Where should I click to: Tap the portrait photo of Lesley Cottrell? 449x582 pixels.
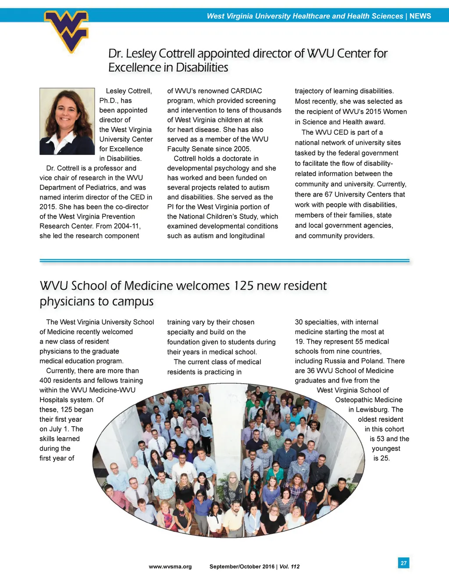click(x=67, y=121)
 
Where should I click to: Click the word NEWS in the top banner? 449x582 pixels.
click(x=420, y=16)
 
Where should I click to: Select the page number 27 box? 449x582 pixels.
click(x=403, y=563)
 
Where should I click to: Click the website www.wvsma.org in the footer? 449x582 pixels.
click(x=170, y=567)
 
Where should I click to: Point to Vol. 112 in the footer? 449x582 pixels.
click(x=289, y=567)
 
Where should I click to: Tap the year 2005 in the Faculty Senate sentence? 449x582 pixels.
click(x=242, y=149)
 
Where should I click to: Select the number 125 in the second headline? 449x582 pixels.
click(x=243, y=286)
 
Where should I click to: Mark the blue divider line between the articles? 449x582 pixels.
click(x=224, y=261)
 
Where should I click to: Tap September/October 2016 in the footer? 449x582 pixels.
click(x=242, y=567)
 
